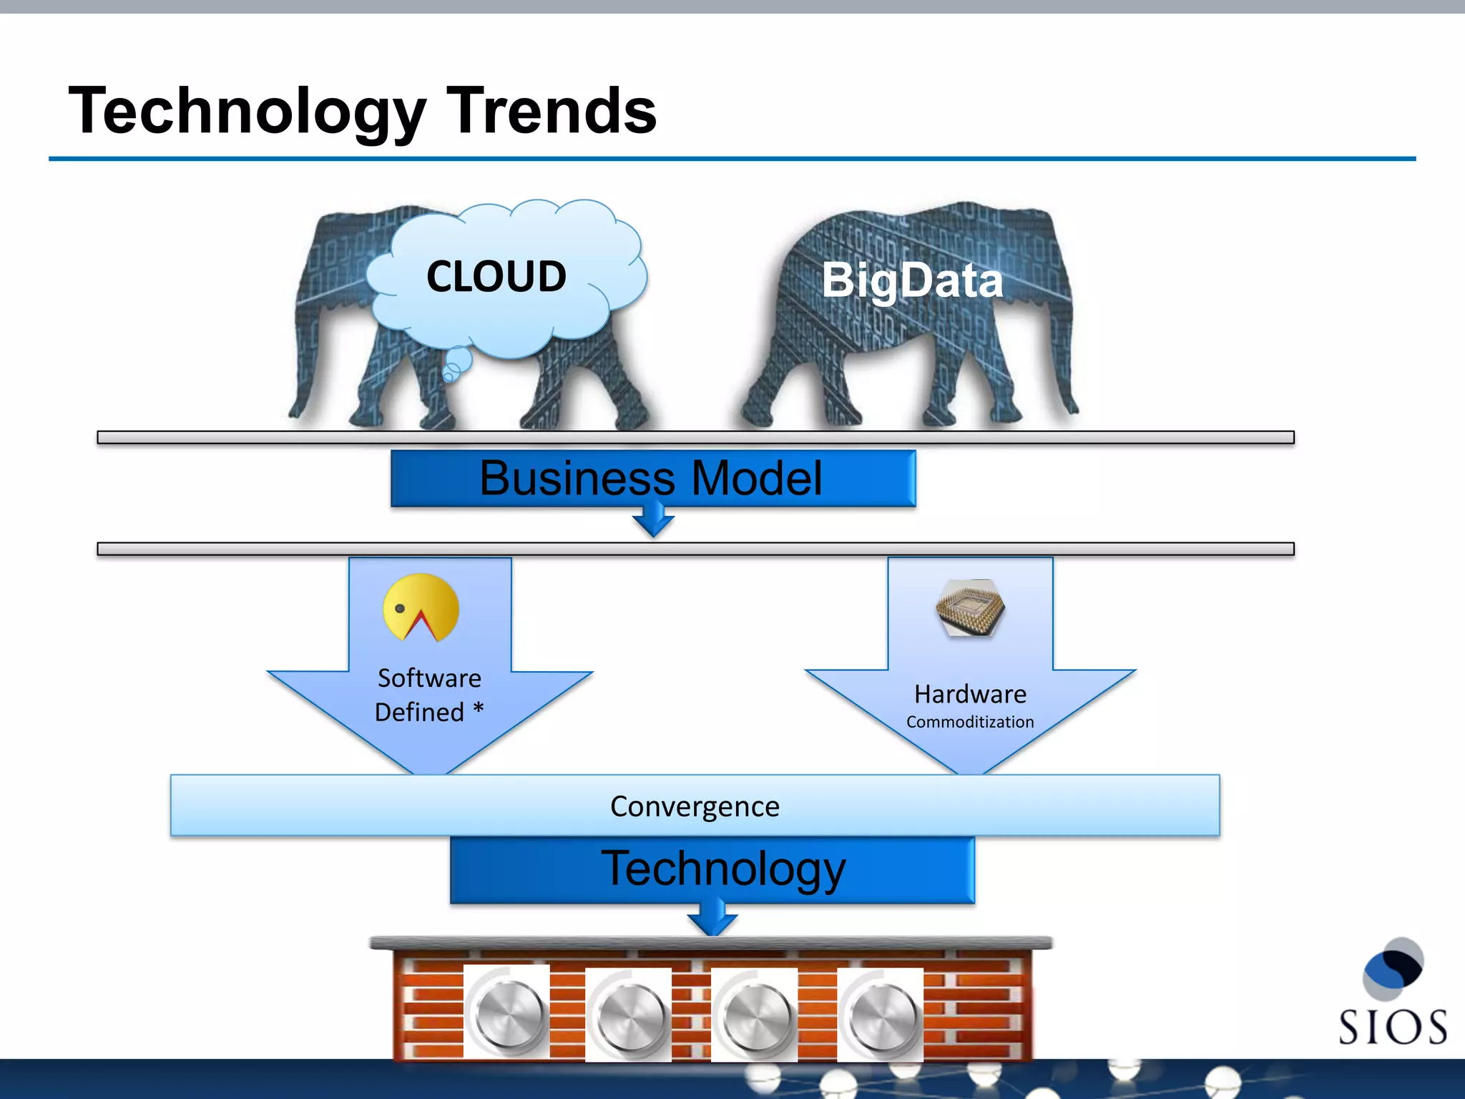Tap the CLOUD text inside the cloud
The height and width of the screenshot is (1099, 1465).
(x=496, y=277)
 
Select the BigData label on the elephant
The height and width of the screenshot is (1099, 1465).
(x=912, y=280)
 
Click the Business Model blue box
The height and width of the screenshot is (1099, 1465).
(x=652, y=478)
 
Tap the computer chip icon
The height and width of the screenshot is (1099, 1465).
(x=970, y=608)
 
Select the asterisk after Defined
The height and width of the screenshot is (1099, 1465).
(x=479, y=710)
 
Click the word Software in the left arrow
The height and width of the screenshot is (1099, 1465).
(x=429, y=678)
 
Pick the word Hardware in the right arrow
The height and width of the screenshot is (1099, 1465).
(x=970, y=694)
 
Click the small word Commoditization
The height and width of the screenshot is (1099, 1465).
(x=970, y=722)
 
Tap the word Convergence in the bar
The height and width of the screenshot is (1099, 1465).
(x=695, y=806)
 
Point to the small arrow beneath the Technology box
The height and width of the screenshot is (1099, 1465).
(x=712, y=919)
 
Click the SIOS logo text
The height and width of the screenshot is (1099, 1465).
(x=1392, y=1027)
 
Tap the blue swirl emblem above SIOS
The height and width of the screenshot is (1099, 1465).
(x=1393, y=968)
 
